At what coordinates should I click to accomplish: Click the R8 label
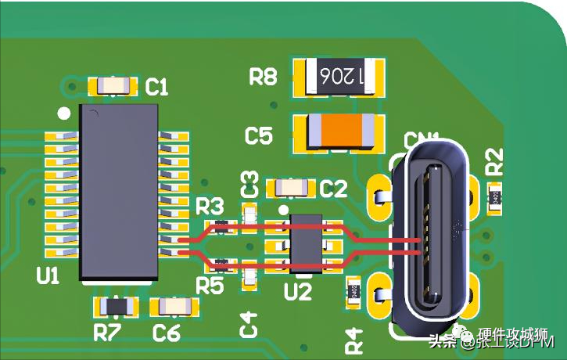point(263,77)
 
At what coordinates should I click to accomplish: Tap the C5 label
point(259,136)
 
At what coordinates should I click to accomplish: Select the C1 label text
point(157,87)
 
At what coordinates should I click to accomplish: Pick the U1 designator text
point(48,275)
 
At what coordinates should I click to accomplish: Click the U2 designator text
point(298,292)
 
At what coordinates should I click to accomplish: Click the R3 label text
point(210,207)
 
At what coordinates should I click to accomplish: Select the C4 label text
point(249,324)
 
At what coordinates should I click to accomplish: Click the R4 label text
point(354,339)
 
